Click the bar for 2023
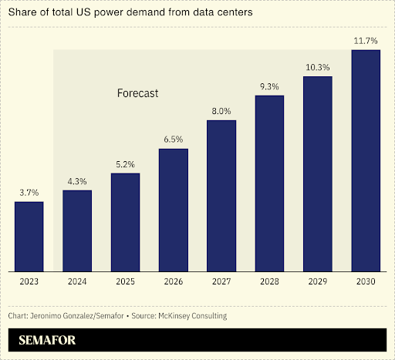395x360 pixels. pyautogui.click(x=29, y=237)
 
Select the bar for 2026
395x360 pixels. pyautogui.click(x=173, y=210)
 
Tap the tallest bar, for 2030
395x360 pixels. pyautogui.click(x=366, y=161)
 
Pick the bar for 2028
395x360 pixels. pyautogui.click(x=269, y=183)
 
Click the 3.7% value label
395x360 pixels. pyautogui.click(x=29, y=192)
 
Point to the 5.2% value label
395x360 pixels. pyautogui.click(x=125, y=163)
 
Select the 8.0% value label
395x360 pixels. pyautogui.click(x=221, y=110)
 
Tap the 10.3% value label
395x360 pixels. pyautogui.click(x=317, y=67)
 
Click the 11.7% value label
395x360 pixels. pyautogui.click(x=366, y=40)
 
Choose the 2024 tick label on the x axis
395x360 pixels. pyautogui.click(x=77, y=282)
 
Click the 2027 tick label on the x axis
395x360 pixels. pyautogui.click(x=221, y=282)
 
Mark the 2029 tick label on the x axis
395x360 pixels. pyautogui.click(x=317, y=282)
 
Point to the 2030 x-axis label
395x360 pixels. pyautogui.click(x=366, y=282)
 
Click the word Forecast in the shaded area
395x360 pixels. pyautogui.click(x=137, y=93)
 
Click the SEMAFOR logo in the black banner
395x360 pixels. pyautogui.click(x=47, y=339)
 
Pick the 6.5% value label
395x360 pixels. pyautogui.click(x=173, y=139)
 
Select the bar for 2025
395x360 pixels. pyautogui.click(x=125, y=222)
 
